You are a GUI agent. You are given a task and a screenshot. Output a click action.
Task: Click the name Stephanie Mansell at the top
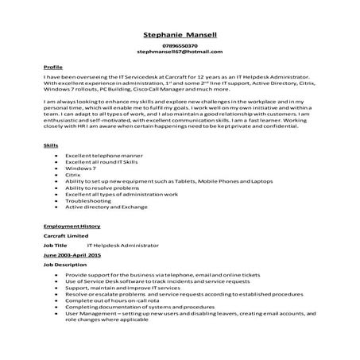pyautogui.click(x=179, y=35)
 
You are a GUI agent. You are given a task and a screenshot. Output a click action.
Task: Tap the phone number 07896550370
pyautogui.click(x=179, y=46)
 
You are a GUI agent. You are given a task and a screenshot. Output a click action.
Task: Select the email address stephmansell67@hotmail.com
pyautogui.click(x=179, y=52)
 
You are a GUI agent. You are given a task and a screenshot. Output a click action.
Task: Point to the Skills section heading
pyautogui.click(x=50, y=146)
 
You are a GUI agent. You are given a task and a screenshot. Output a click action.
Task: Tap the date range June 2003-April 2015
pyautogui.click(x=72, y=256)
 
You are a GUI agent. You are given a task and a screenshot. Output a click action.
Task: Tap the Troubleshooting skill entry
pyautogui.click(x=87, y=201)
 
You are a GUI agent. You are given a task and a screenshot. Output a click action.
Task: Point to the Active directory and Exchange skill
pyautogui.click(x=107, y=207)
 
